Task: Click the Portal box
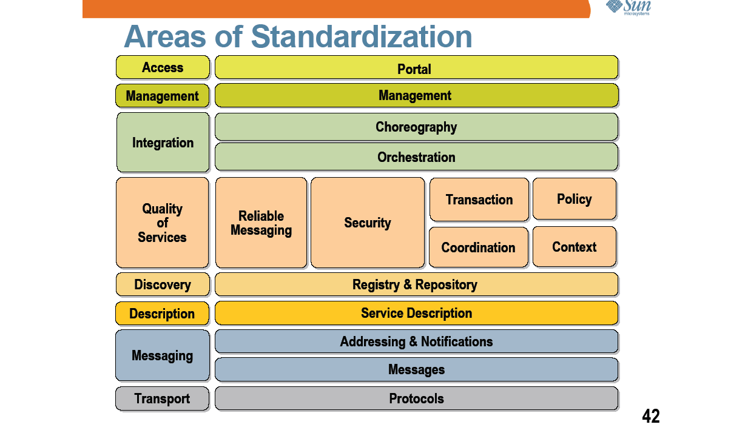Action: click(x=416, y=67)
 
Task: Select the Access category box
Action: click(x=163, y=67)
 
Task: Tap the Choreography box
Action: click(x=416, y=127)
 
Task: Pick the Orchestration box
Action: click(x=416, y=157)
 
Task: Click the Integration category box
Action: click(x=163, y=142)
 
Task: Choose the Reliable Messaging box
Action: click(x=261, y=223)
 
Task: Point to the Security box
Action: click(x=368, y=223)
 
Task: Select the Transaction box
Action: click(x=479, y=200)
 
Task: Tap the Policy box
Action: click(x=574, y=199)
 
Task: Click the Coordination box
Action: click(x=479, y=247)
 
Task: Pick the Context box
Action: click(x=574, y=247)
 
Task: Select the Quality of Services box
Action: click(x=163, y=223)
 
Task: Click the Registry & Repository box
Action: click(x=416, y=284)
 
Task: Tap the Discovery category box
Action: click(x=163, y=284)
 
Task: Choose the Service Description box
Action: click(x=416, y=313)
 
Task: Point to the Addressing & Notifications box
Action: click(x=416, y=341)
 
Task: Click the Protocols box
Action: click(x=416, y=398)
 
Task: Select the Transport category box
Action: click(x=163, y=398)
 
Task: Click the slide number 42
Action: click(x=651, y=416)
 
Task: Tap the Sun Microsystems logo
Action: click(x=628, y=7)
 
